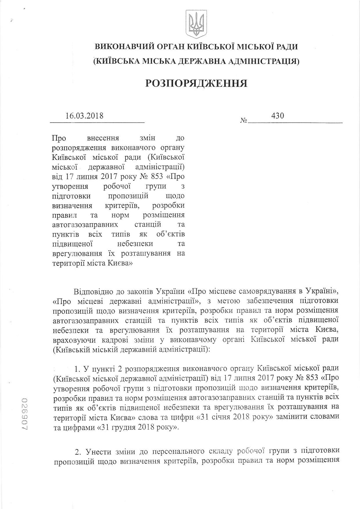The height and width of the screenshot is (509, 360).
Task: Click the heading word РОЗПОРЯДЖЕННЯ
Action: (x=196, y=83)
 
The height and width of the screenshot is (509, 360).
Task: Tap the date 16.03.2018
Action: (x=84, y=116)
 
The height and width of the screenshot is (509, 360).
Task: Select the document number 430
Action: (x=277, y=116)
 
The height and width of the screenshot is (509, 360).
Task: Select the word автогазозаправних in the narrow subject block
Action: (x=85, y=224)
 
